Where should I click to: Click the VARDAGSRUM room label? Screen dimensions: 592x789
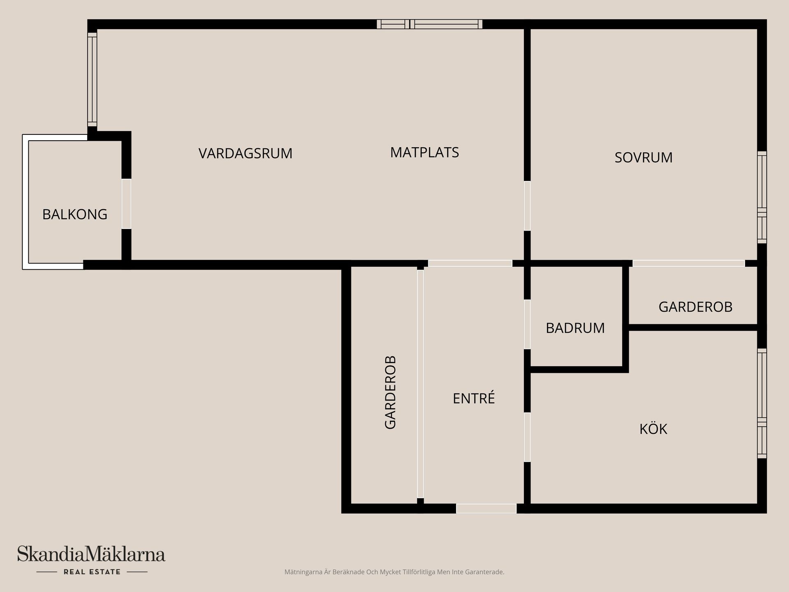(x=245, y=153)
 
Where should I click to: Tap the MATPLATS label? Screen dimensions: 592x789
(x=424, y=153)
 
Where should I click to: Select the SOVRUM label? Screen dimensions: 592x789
(x=643, y=157)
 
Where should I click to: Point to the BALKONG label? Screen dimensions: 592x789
(x=75, y=214)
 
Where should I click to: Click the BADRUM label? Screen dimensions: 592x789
(x=575, y=328)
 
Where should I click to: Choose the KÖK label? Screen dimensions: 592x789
(x=653, y=429)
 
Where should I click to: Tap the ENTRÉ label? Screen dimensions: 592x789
(x=473, y=398)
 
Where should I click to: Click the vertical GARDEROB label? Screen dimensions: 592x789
(x=390, y=392)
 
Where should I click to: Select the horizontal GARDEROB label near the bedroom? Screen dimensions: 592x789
(x=695, y=307)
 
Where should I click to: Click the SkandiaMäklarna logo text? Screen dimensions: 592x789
(x=91, y=554)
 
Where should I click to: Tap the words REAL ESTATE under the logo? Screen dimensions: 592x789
(x=92, y=572)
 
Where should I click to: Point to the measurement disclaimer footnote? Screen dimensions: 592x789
(x=394, y=572)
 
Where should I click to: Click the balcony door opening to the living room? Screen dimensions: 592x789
(x=126, y=204)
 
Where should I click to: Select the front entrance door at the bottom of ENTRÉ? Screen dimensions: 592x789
(x=486, y=509)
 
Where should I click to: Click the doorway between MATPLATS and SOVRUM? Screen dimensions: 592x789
(x=527, y=206)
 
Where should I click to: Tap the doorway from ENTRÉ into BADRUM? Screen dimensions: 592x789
(x=527, y=324)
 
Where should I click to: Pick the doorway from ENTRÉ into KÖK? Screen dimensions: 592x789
(x=527, y=437)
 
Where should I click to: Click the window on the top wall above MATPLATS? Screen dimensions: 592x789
(x=429, y=24)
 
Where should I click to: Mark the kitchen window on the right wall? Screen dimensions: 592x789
(x=762, y=403)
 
